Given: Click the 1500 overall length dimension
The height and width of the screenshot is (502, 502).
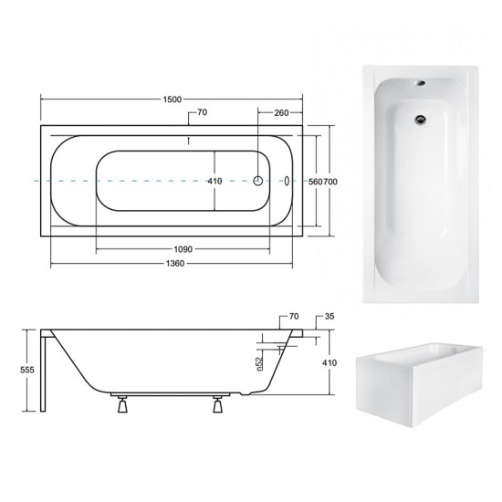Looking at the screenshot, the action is click(173, 99).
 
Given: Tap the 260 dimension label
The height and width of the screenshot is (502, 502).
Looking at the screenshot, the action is click(281, 112).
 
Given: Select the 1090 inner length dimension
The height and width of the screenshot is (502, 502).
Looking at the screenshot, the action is click(183, 249).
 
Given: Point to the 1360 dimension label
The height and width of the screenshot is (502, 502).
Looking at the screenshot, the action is click(175, 264).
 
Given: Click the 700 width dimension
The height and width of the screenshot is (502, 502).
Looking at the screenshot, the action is click(330, 182).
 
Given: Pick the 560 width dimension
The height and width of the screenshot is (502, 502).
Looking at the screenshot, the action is click(315, 182).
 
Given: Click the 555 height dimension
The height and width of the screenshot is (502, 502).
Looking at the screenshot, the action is click(27, 370).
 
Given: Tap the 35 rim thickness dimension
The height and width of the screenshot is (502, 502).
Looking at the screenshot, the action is click(329, 317).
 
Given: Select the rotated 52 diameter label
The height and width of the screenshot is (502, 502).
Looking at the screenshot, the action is click(259, 363).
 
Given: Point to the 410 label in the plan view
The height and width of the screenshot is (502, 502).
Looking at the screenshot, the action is click(214, 182).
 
